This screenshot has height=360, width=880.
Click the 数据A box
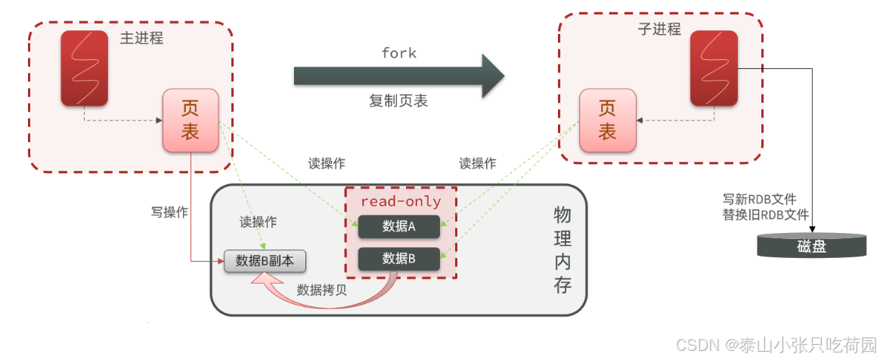coord(399,226)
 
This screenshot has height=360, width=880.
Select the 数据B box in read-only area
coord(399,259)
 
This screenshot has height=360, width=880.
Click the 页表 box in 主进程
coord(191,120)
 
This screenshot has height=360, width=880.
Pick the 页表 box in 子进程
coord(607,120)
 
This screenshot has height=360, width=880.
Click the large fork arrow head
coord(491,76)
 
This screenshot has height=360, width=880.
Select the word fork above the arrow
coord(398,53)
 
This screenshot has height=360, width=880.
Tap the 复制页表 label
coord(398,101)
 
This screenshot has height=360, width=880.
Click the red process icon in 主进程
coord(85,68)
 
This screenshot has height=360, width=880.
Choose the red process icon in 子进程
coord(714,68)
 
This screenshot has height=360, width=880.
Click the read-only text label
coord(401,202)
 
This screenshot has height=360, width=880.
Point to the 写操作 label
coord(169,213)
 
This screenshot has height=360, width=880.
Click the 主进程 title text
coord(141,38)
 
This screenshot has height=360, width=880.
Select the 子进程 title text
coord(659,29)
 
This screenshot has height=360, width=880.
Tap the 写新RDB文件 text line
coord(760,200)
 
